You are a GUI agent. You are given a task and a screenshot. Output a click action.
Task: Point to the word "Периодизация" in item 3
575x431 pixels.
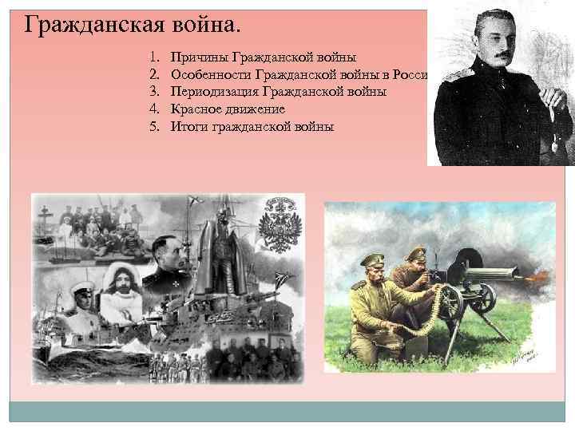click(213, 93)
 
